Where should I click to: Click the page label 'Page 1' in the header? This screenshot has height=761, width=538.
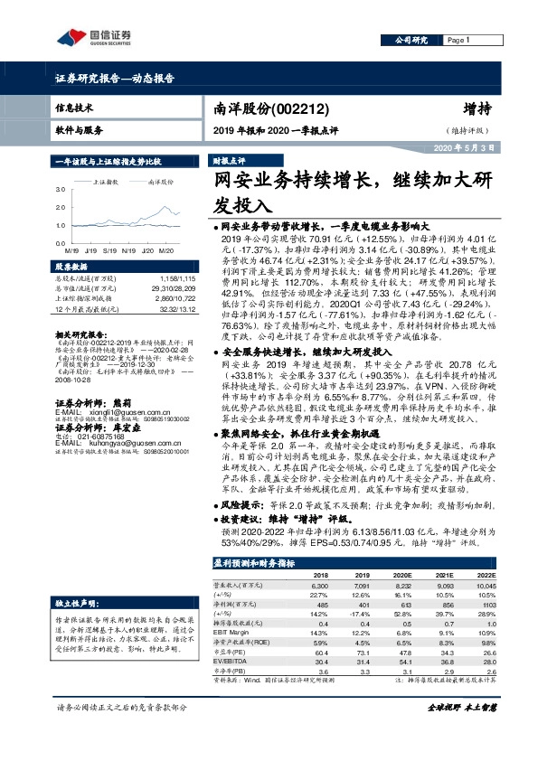point(459,40)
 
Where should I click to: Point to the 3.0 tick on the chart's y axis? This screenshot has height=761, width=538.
point(60,191)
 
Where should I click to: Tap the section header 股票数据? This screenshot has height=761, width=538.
point(71,268)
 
